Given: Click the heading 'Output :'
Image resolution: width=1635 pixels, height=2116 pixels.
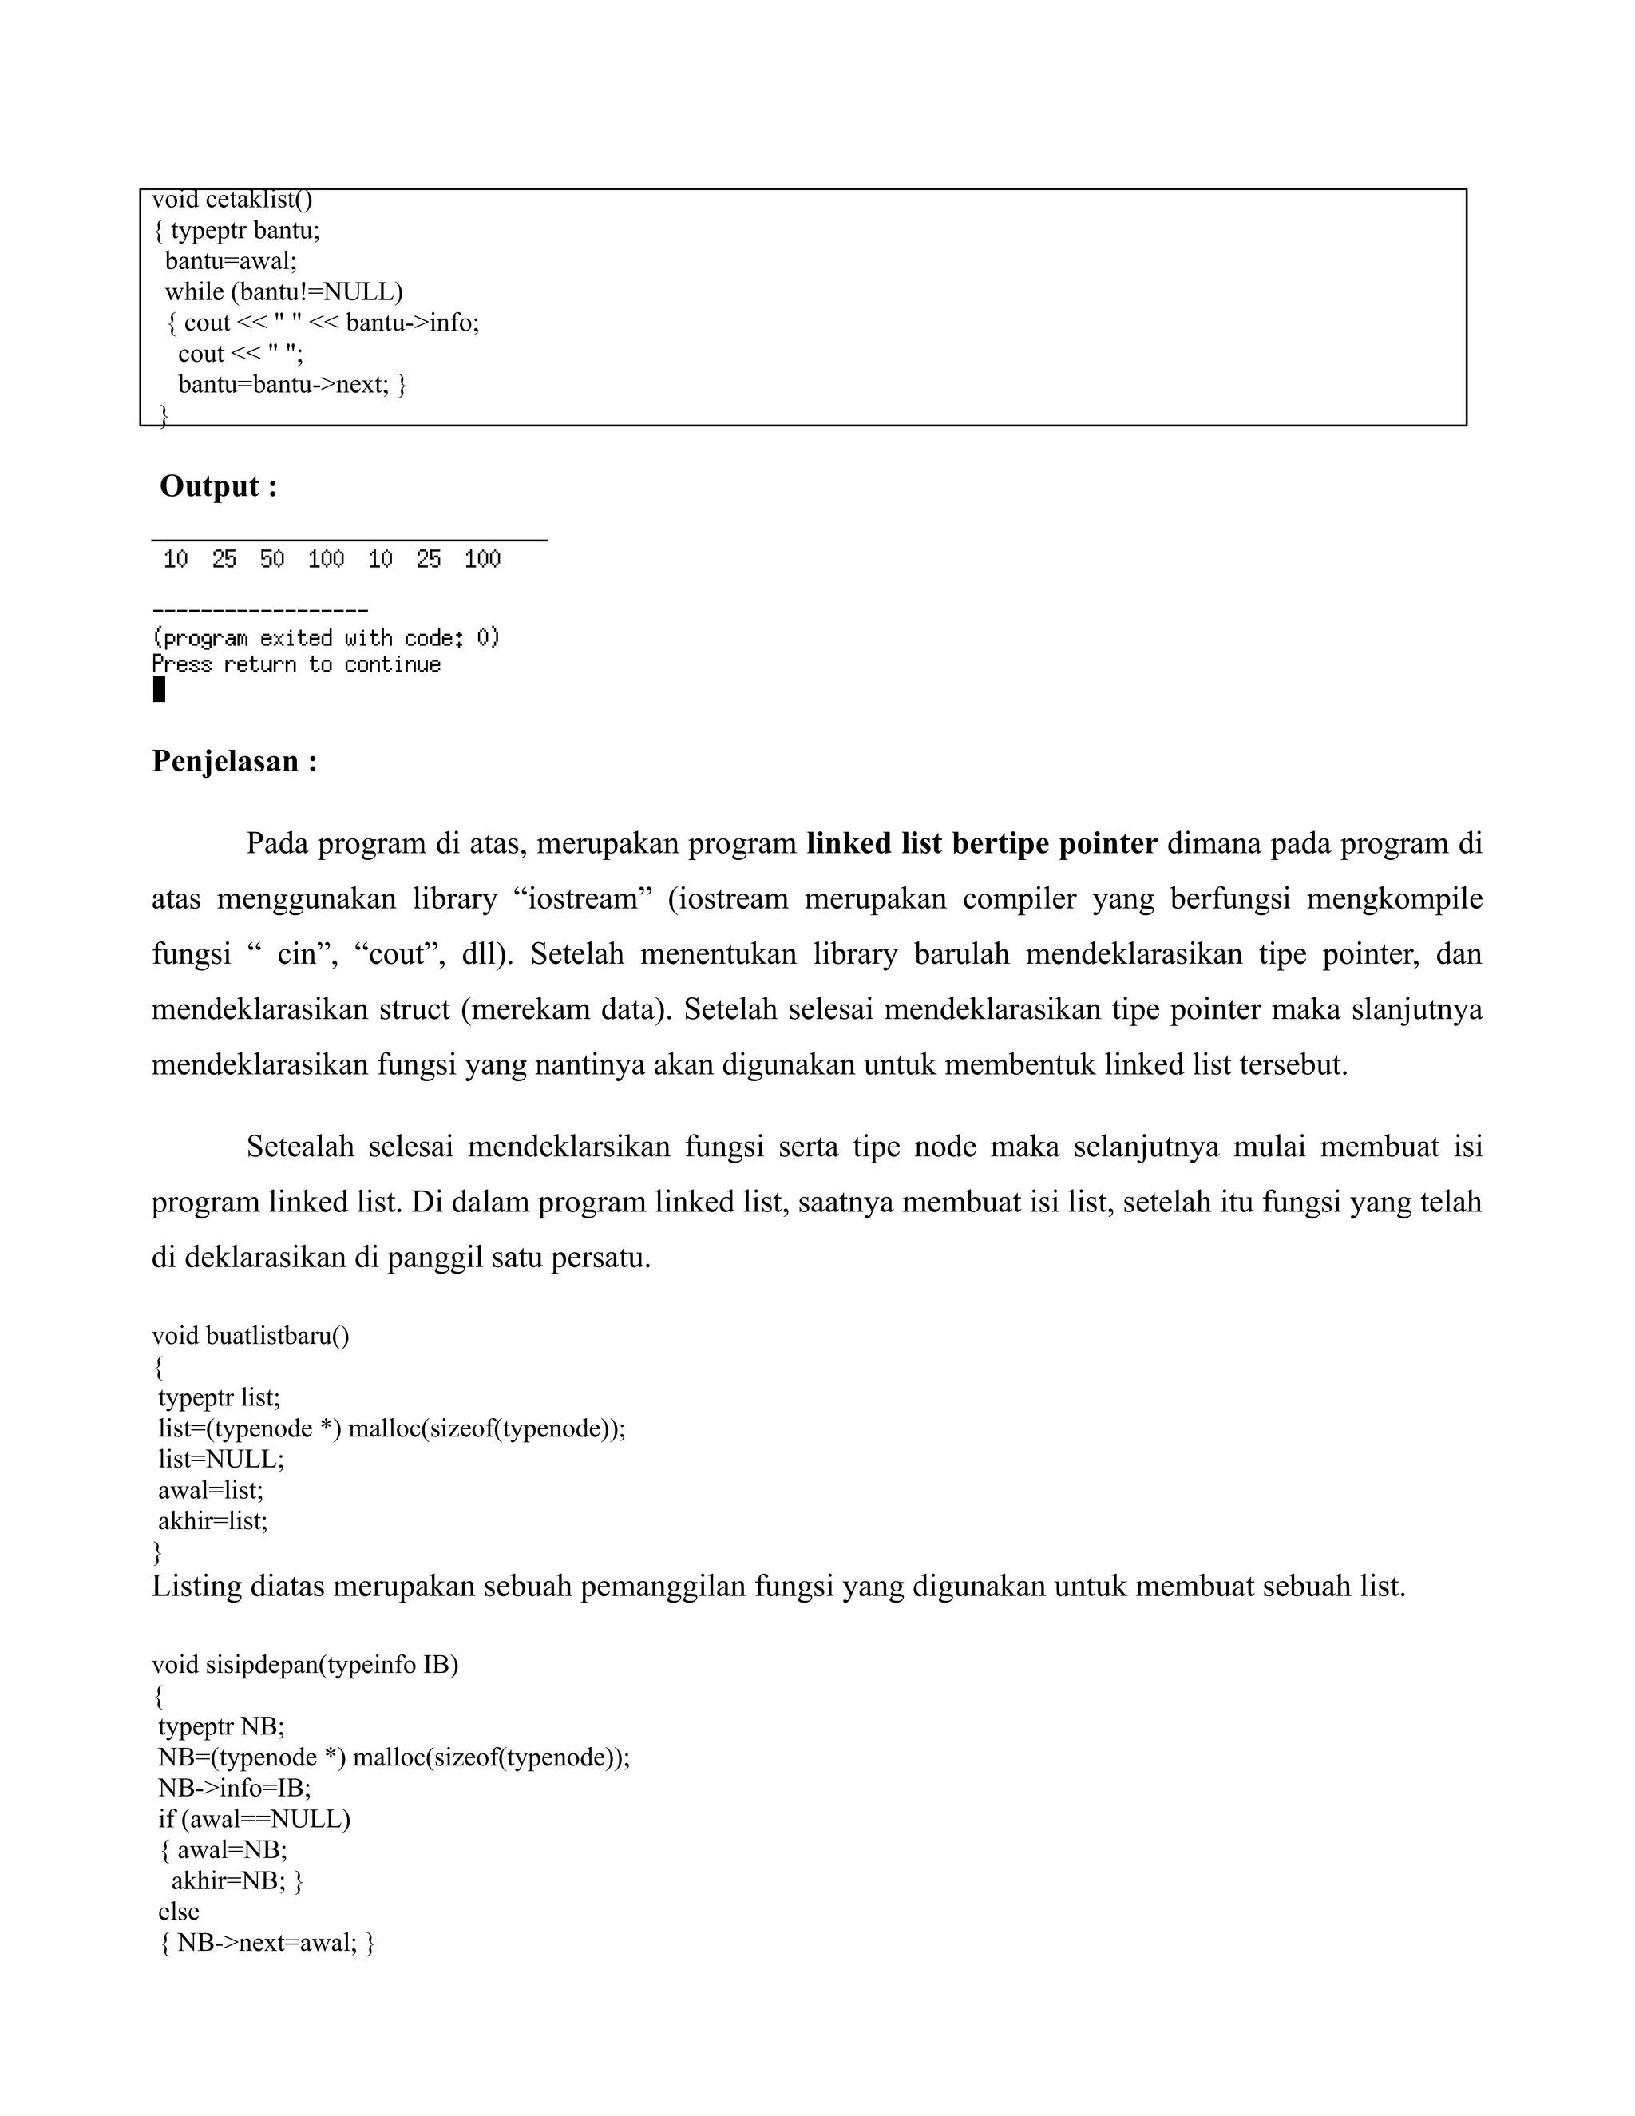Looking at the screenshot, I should click(x=218, y=486).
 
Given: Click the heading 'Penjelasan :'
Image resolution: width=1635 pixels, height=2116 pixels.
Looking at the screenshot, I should click(x=235, y=762).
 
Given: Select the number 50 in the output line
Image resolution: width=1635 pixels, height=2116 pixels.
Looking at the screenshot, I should click(x=272, y=559).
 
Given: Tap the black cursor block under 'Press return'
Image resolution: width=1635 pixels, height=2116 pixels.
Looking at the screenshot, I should click(x=160, y=690).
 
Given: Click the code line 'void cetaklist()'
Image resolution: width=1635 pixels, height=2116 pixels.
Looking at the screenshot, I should click(x=232, y=200).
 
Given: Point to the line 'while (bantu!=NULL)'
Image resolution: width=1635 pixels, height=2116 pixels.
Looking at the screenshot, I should click(x=283, y=291).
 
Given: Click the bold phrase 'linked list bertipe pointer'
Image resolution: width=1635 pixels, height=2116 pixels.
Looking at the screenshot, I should click(x=981, y=844).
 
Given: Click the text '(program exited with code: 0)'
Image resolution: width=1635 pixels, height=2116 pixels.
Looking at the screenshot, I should click(x=327, y=637).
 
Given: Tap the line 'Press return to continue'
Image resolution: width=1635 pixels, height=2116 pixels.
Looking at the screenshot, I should click(x=296, y=664).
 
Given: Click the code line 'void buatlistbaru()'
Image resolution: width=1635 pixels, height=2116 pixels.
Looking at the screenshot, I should click(x=251, y=1336).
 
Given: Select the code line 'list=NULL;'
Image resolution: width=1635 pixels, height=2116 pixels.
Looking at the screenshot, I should click(x=222, y=1459).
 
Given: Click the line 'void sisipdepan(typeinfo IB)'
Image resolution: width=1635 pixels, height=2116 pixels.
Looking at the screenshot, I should click(x=305, y=1665).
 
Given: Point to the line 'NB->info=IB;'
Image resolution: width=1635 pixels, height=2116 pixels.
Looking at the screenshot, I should click(x=235, y=1788).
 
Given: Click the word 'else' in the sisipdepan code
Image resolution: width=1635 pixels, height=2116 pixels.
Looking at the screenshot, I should click(x=179, y=1912).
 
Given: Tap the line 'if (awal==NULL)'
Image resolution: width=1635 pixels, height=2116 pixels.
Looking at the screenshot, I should click(x=255, y=1818).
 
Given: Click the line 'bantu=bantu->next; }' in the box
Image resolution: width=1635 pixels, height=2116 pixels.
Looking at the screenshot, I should click(x=292, y=385).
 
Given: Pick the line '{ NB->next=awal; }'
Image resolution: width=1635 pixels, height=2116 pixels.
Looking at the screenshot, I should click(x=267, y=1943).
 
